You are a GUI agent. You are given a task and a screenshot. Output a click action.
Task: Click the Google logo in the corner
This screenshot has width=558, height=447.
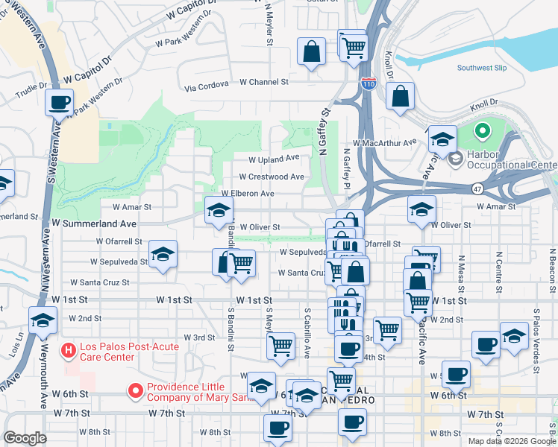pyautogui.click(x=25, y=439)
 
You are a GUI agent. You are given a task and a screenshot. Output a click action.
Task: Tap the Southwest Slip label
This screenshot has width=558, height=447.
pyautogui.click(x=482, y=68)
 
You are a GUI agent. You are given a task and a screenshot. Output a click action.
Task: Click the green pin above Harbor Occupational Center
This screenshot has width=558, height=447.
pyautogui.click(x=482, y=133)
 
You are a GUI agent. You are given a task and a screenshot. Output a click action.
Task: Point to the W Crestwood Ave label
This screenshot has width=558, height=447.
pyautogui.click(x=271, y=177)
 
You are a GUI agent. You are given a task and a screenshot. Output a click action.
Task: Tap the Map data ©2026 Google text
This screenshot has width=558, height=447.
pyautogui.click(x=511, y=441)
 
